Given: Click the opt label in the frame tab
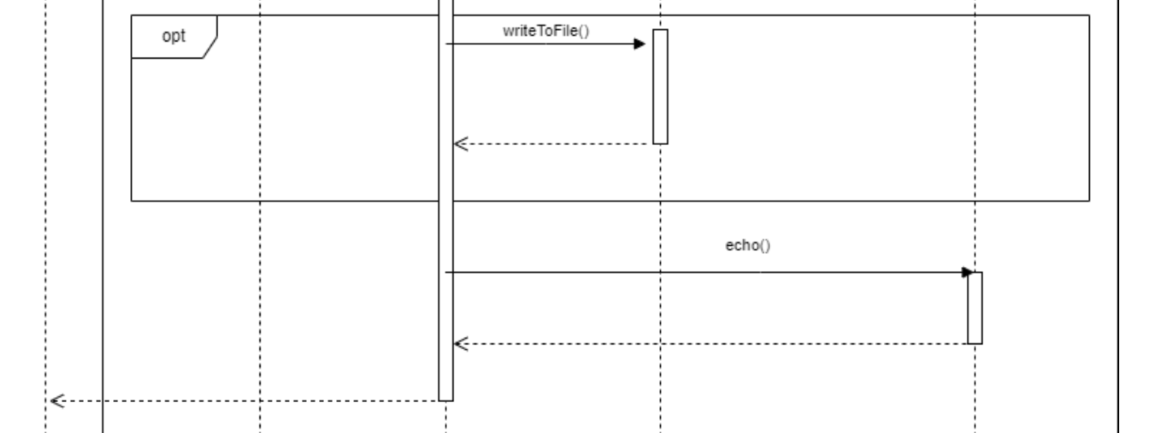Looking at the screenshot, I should [173, 37].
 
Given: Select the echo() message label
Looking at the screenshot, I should [747, 245].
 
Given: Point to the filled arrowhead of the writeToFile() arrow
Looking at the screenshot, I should [640, 43].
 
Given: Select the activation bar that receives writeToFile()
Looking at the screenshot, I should [660, 86].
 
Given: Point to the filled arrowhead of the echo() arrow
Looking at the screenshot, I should [968, 272].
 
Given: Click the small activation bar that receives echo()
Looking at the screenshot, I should [975, 308].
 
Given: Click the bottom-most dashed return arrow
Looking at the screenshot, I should [244, 400].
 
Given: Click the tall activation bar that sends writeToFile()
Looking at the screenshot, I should [445, 212].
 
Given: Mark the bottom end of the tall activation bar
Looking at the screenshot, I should [445, 400].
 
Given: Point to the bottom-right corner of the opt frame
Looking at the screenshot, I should [1089, 200].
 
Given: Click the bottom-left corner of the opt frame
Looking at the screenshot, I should [132, 200].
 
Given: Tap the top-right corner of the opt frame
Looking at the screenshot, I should [1089, 15].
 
